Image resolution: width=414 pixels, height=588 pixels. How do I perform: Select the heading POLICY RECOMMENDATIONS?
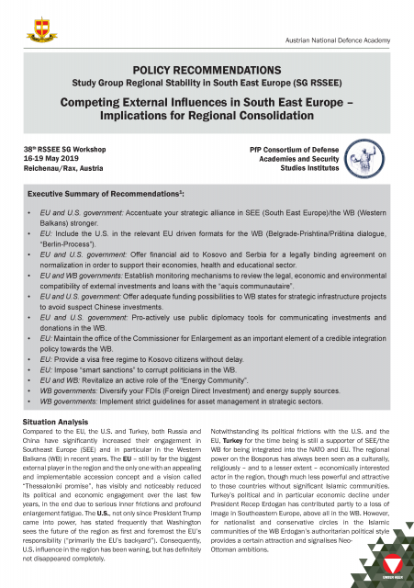(207, 71)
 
